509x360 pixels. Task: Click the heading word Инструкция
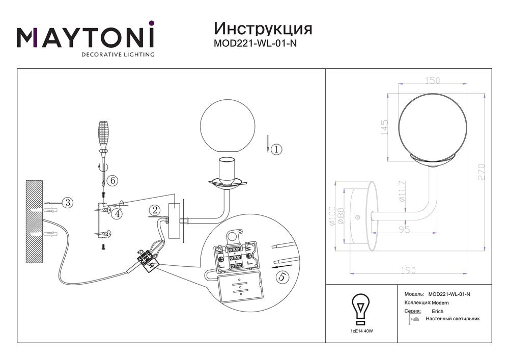263,29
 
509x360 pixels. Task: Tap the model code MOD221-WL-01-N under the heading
255,43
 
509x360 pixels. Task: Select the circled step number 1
276,149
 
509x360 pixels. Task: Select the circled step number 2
155,210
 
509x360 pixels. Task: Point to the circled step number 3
68,203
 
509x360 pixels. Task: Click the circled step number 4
118,213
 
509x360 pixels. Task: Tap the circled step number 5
282,277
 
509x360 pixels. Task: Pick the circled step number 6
112,180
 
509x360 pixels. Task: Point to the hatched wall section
34,221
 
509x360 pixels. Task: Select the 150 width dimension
432,80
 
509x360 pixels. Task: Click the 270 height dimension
481,172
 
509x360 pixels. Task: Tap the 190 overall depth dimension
408,270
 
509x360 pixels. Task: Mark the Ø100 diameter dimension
332,216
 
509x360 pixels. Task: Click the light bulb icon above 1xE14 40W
361,309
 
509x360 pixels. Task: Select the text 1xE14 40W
361,331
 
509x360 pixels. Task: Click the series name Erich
438,311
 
